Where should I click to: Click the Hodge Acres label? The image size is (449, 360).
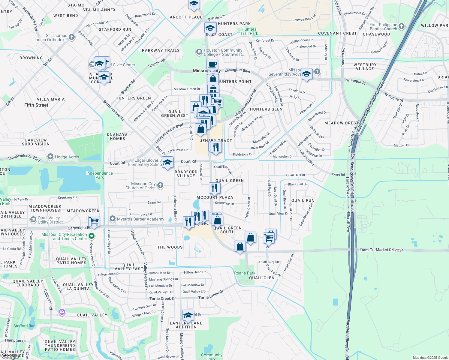[x=67, y=157]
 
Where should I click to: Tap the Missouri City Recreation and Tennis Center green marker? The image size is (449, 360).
[x=92, y=236]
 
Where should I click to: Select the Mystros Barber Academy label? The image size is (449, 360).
[x=140, y=219]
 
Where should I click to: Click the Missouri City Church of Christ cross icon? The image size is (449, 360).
[x=160, y=185]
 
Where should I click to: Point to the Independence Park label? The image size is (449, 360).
[x=100, y=175]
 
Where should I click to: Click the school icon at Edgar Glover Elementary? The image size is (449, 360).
[x=167, y=162]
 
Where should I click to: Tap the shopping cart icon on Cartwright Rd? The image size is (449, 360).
[x=94, y=221]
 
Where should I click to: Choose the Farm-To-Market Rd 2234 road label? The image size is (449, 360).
[x=381, y=250]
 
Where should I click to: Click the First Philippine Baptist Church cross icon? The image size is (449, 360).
[x=402, y=26]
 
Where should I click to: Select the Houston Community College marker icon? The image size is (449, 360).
[x=199, y=52]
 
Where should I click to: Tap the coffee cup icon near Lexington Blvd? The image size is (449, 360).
[x=212, y=64]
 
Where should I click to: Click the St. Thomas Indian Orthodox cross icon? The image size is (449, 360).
[x=71, y=37]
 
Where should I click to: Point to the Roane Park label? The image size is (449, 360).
[x=245, y=273]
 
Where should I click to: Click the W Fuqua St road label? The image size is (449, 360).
[x=356, y=81]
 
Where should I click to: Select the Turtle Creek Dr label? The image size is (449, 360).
[x=163, y=298]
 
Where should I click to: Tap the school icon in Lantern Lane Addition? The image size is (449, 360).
[x=188, y=315]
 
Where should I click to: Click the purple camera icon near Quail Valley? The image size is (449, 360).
[x=62, y=312]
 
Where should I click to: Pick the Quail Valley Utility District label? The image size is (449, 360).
[x=50, y=220]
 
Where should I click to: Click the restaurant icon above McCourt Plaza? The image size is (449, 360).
[x=214, y=188]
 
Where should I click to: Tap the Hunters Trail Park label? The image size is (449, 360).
[x=249, y=31]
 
